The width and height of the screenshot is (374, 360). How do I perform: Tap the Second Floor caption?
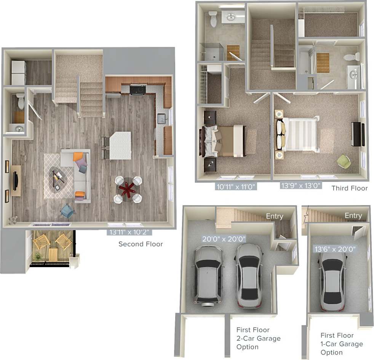point(141,244)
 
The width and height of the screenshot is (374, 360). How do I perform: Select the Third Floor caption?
point(349,188)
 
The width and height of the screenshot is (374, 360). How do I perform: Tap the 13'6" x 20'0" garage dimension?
point(335,249)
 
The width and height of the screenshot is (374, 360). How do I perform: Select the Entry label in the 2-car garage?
point(274,216)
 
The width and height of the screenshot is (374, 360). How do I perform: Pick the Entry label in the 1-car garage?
point(353,215)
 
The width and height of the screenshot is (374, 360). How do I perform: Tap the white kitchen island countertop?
point(120,145)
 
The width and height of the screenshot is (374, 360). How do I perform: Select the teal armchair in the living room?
point(67,211)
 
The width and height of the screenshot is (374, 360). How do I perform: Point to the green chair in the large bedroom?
point(343,161)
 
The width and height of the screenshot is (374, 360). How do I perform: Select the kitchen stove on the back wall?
point(137,90)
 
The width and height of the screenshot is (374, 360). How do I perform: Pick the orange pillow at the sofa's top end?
point(78,156)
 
